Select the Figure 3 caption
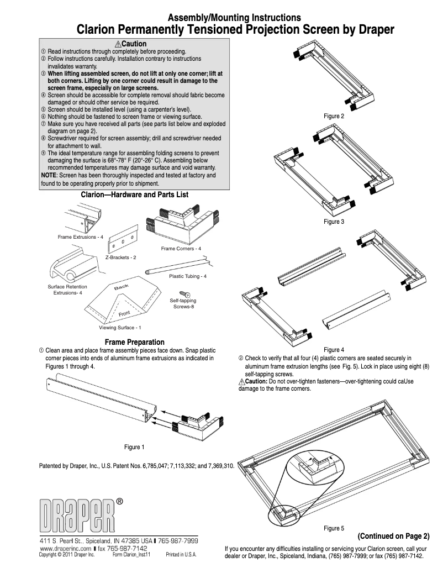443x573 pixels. click(x=334, y=222)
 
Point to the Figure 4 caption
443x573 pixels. click(x=334, y=350)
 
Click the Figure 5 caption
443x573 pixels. click(x=334, y=528)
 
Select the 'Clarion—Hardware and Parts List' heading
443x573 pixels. click(x=135, y=195)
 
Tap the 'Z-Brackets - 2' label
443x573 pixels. click(x=120, y=258)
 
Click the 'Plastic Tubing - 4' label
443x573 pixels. click(x=188, y=276)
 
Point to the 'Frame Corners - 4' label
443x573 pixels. click(x=181, y=249)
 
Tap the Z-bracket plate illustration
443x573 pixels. click(x=123, y=239)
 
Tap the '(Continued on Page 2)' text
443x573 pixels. click(x=393, y=536)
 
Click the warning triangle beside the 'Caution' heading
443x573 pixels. click(x=118, y=44)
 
